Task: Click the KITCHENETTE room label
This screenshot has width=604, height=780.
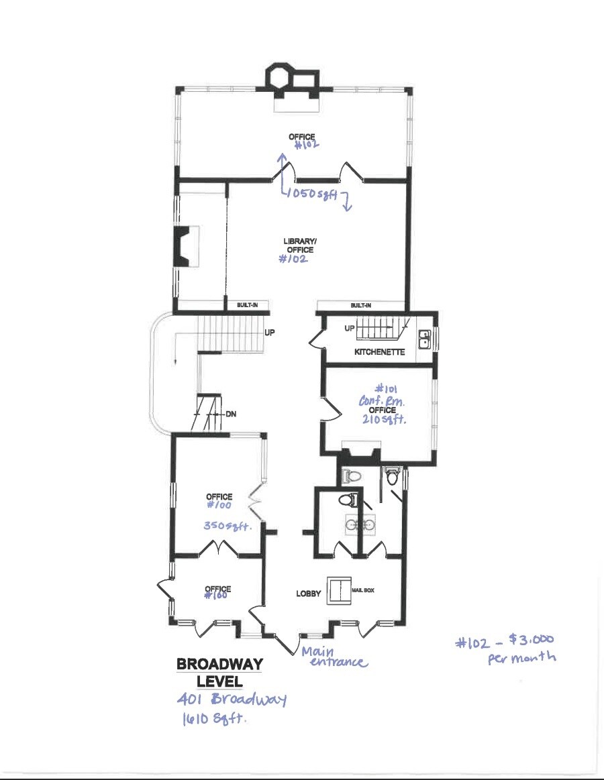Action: (379, 351)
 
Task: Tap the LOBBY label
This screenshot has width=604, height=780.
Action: (308, 594)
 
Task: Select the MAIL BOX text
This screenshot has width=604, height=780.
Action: (363, 590)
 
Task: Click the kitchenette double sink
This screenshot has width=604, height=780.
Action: (425, 340)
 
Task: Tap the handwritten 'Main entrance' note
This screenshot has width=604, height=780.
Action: (334, 657)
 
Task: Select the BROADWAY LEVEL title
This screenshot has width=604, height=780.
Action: (219, 672)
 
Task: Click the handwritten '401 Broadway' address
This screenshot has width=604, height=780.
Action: (232, 699)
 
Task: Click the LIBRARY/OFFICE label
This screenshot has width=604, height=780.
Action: (300, 245)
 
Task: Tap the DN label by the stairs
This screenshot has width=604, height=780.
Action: (231, 414)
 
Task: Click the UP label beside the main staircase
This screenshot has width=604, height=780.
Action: (269, 332)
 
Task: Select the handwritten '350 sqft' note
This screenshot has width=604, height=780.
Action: (227, 525)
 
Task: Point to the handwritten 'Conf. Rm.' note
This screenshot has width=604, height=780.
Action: (382, 400)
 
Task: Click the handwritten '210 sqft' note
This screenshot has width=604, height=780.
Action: (384, 419)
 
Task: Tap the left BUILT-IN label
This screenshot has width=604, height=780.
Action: (247, 305)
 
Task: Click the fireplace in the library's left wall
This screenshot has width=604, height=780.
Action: (183, 247)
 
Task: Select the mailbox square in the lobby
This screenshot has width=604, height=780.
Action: (339, 590)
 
